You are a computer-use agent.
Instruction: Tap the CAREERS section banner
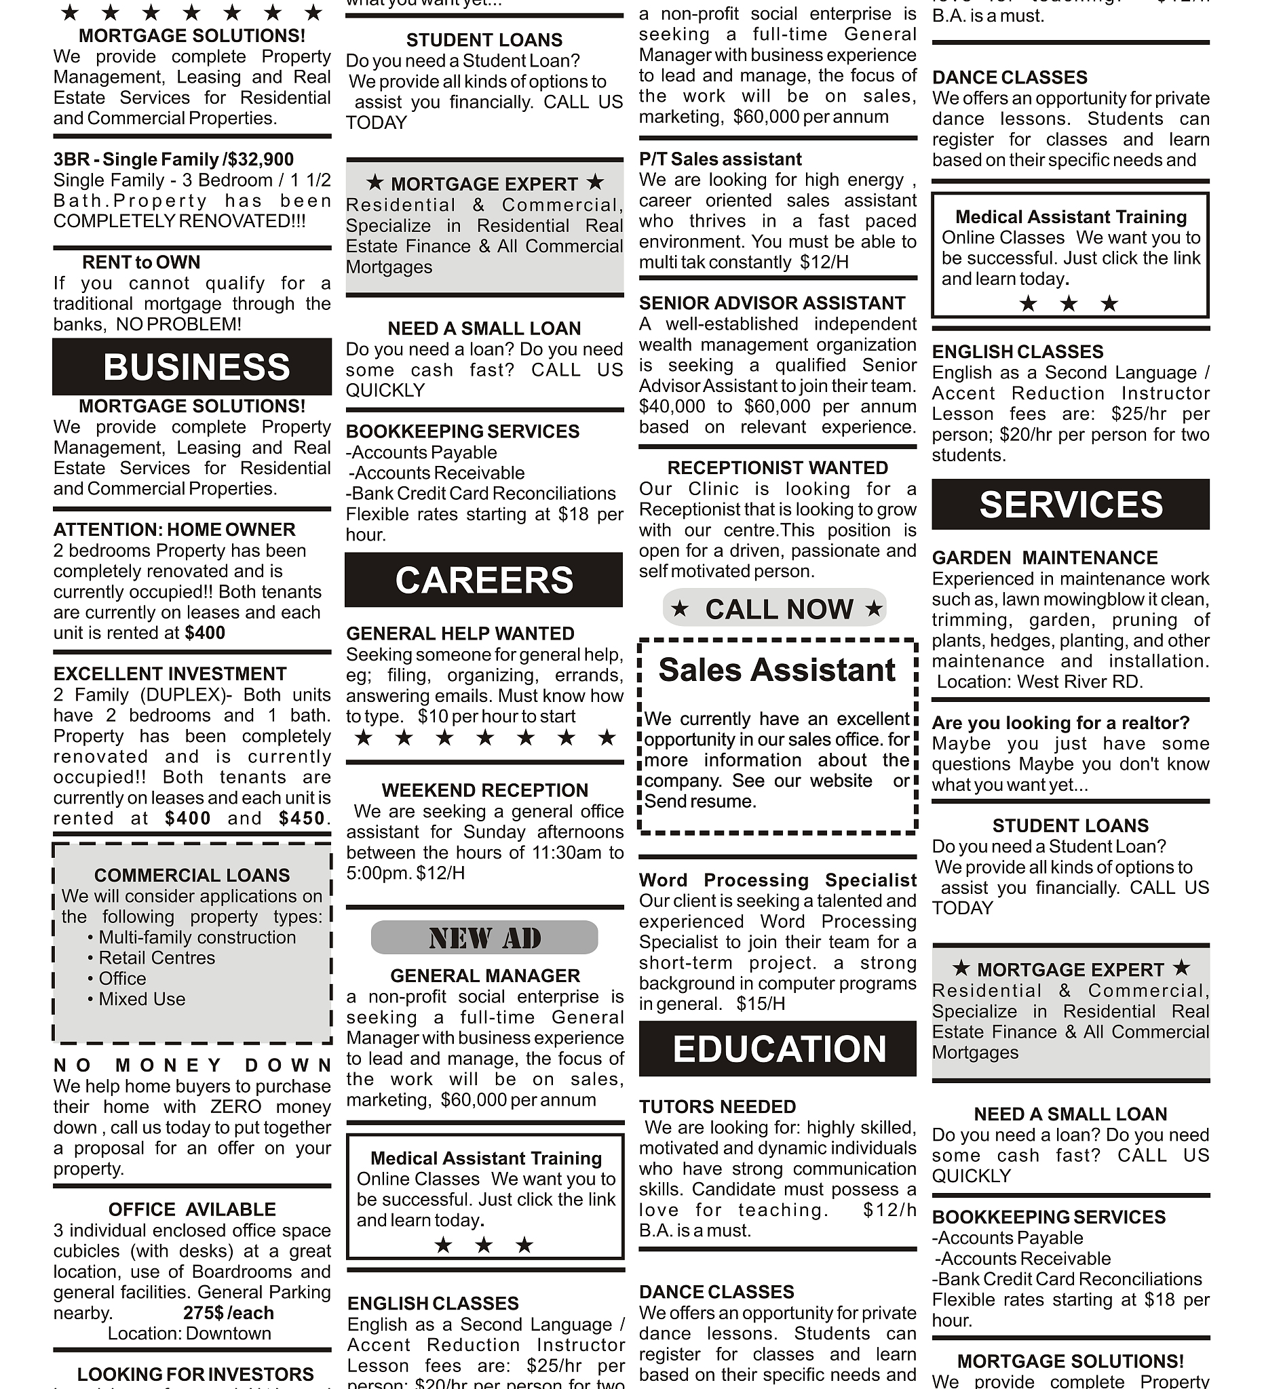[484, 579]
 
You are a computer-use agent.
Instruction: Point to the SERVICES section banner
[1071, 505]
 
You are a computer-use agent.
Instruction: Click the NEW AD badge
[484, 938]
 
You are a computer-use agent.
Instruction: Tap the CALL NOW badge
[776, 609]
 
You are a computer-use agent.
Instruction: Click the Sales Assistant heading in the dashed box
[777, 669]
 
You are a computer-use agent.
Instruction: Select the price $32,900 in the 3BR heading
[262, 160]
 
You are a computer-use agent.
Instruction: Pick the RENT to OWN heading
[141, 262]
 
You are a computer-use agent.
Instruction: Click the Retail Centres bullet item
[157, 958]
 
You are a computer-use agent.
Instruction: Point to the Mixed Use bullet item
[141, 999]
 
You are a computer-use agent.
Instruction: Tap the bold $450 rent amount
[302, 819]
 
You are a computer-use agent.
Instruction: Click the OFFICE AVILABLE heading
[191, 1209]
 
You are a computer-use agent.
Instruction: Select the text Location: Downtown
[189, 1333]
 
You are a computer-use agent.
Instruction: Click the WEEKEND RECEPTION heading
[484, 790]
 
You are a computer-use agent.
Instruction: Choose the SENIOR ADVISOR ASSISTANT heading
[772, 303]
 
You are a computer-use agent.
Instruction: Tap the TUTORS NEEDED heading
[717, 1106]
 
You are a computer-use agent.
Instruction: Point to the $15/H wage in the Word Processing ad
[760, 1004]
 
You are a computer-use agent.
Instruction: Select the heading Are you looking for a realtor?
[1060, 723]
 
